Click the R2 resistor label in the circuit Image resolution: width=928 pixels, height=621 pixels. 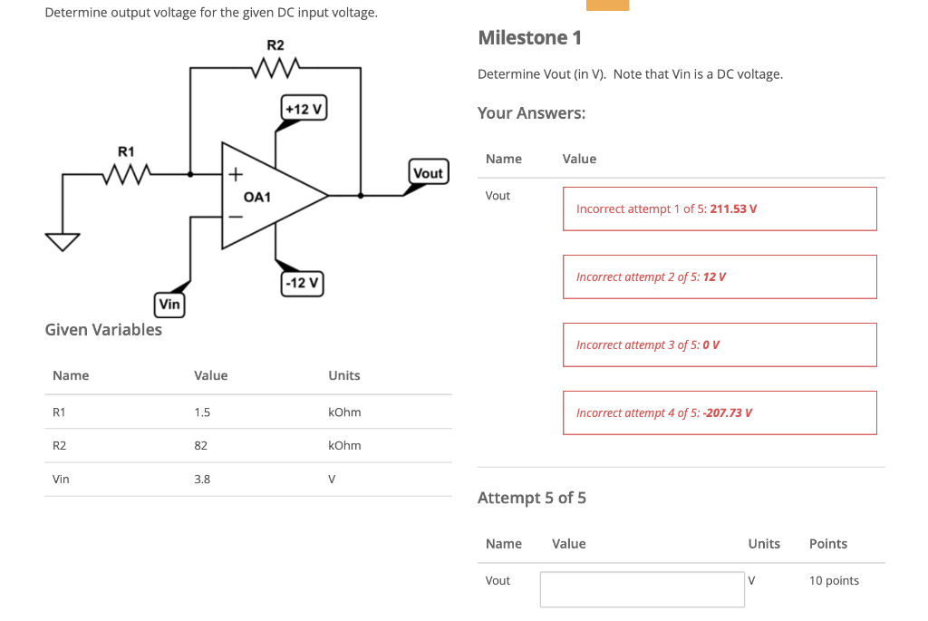[x=275, y=45]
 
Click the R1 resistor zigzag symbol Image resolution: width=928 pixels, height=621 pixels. [x=126, y=172]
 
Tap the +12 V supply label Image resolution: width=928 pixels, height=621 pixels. [x=304, y=109]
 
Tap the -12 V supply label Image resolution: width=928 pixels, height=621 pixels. [x=302, y=283]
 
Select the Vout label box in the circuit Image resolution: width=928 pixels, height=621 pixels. [x=428, y=172]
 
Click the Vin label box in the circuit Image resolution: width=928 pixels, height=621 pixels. [x=169, y=305]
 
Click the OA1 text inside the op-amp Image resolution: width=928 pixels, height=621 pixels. [x=257, y=197]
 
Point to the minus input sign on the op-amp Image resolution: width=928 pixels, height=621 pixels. [x=236, y=217]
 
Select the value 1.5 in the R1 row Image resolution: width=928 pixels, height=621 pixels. [x=202, y=412]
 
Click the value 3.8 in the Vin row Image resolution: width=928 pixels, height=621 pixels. [x=202, y=480]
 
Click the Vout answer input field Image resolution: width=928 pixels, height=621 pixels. [x=642, y=589]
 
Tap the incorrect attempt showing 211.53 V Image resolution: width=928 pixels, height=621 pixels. [x=720, y=209]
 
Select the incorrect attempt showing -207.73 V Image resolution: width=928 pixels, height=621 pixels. [x=720, y=412]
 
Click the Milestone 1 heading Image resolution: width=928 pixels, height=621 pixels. [x=529, y=38]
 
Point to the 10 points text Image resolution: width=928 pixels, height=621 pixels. [x=834, y=580]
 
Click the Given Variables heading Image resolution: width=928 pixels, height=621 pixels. [x=103, y=329]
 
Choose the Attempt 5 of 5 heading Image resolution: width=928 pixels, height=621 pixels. [x=532, y=498]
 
